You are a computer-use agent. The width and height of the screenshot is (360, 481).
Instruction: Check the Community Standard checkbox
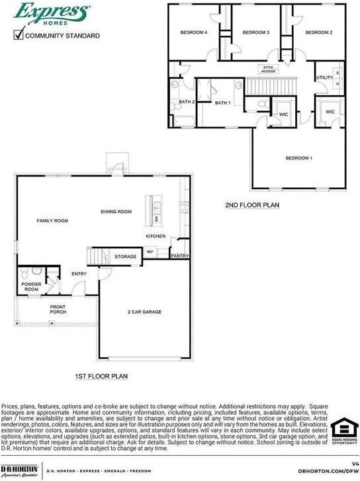[19, 35]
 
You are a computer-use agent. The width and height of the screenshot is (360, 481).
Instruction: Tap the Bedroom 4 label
[194, 32]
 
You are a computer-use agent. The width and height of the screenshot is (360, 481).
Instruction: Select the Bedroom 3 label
[255, 32]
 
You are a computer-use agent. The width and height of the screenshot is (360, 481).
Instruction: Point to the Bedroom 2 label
[318, 32]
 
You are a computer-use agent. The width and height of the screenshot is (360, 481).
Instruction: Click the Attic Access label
[268, 69]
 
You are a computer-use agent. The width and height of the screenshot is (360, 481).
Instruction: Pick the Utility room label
[324, 78]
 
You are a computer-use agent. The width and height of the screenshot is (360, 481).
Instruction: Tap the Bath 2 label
[187, 102]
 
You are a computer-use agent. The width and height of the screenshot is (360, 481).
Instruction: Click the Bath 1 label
[222, 103]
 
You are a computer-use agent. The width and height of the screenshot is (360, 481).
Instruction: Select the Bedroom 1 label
[298, 158]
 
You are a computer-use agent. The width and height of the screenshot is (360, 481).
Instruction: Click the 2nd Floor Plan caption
[251, 205]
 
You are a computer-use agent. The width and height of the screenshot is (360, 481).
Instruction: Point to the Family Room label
[52, 220]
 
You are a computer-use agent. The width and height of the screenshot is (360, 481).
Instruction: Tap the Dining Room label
[116, 212]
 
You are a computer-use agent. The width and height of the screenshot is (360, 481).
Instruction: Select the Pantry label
[179, 255]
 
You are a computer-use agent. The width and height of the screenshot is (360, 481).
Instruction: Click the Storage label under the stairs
[125, 257]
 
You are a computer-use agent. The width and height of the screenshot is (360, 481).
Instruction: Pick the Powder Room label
[31, 287]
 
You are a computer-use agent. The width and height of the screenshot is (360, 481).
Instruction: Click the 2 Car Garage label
[144, 312]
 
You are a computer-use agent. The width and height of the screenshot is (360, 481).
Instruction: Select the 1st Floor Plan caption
[101, 376]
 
